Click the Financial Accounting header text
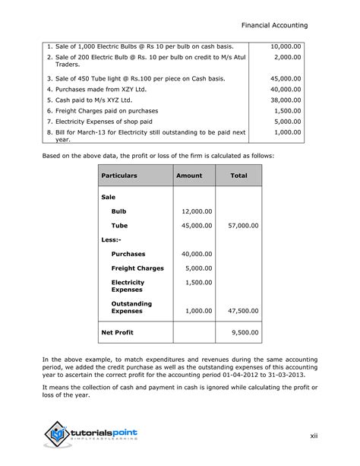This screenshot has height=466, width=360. [x=285, y=25]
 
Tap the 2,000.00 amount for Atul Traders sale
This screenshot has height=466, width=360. [x=287, y=57]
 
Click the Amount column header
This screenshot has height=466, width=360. [x=189, y=176]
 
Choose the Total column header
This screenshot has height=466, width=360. [x=238, y=176]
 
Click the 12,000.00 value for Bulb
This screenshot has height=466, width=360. [x=197, y=211]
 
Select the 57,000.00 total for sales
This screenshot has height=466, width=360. [x=243, y=226]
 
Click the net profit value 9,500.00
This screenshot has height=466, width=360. [x=245, y=333]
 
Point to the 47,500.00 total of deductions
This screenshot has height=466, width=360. [x=243, y=311]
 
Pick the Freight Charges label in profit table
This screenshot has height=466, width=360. [x=137, y=268]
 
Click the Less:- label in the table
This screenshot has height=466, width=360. [x=111, y=239]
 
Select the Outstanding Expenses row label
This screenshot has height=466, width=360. [x=131, y=307]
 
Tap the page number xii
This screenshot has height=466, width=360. [x=313, y=436]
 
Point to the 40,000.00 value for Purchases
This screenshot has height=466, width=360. [x=197, y=254]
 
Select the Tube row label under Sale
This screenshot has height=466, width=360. [x=119, y=226]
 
